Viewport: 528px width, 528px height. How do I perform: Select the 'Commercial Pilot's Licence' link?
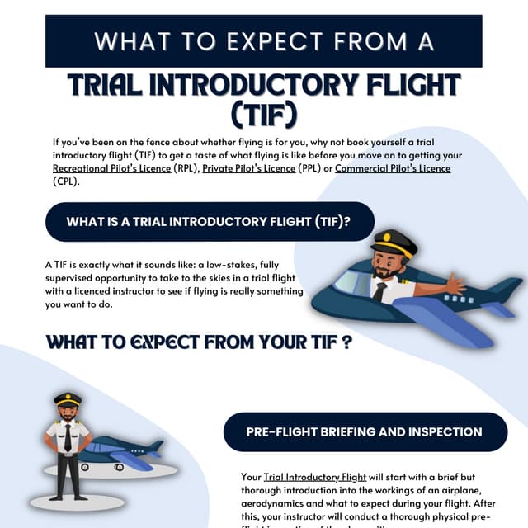coord(393,169)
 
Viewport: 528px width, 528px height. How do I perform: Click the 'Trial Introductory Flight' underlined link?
coord(315,477)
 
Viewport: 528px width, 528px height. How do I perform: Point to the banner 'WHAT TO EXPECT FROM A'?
coord(263,40)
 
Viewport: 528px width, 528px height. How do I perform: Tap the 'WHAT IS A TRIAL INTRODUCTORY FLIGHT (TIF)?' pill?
coord(210,221)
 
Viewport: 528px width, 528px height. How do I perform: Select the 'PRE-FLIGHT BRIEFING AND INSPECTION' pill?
coord(364,431)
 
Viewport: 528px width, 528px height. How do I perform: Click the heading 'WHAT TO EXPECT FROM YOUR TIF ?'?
coord(199,342)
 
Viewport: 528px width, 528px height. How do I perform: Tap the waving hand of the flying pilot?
coord(454,285)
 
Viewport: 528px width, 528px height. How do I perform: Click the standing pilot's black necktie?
coord(68,439)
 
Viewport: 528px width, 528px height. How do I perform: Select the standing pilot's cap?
coord(68,399)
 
